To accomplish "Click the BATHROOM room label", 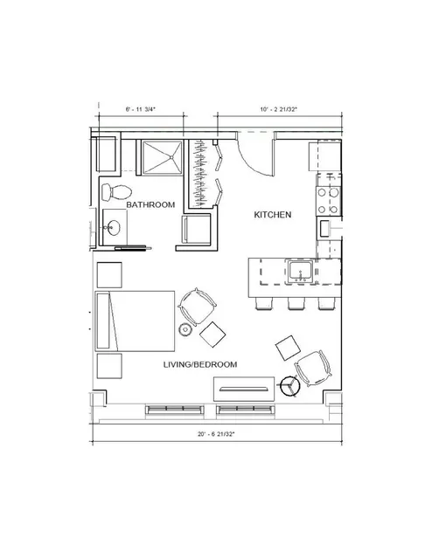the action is (150, 204).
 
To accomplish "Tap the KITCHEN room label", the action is (273, 215).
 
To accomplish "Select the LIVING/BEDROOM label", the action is (200, 364).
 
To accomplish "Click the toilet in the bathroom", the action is (116, 192).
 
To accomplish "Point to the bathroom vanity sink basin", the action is (115, 227).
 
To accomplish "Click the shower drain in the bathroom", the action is (171, 157).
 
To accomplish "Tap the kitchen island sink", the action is (300, 272).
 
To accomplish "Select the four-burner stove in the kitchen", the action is (328, 201).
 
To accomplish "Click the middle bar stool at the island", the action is (296, 303).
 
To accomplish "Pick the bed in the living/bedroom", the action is (135, 321).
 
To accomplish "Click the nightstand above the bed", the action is (109, 275).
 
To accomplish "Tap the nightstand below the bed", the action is (109, 366).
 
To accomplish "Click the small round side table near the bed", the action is (185, 329).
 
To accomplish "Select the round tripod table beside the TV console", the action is (290, 385).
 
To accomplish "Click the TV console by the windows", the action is (244, 389).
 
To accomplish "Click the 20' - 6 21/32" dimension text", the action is (216, 434).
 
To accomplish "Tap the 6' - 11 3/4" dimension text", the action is (141, 109).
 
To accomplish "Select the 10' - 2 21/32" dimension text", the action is (279, 109).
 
